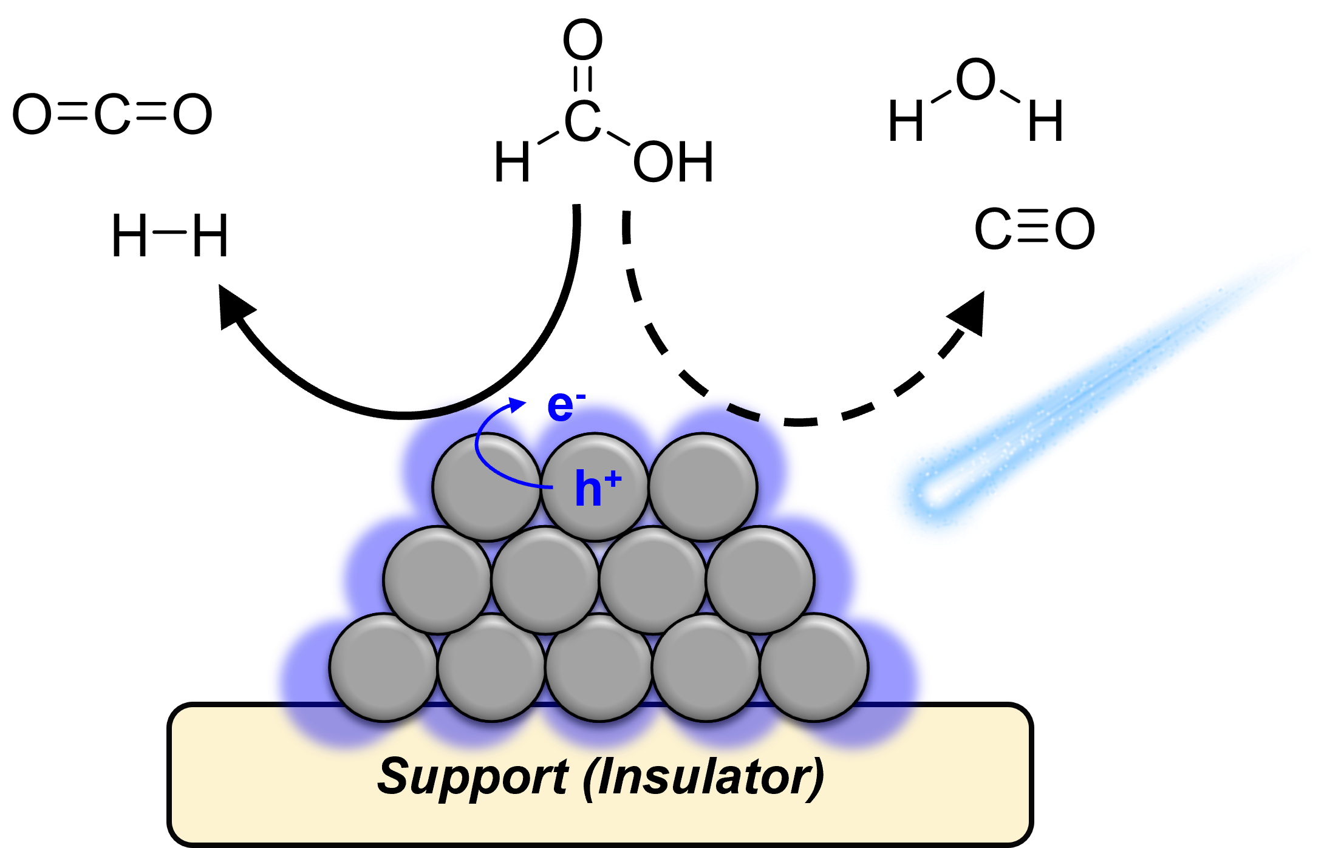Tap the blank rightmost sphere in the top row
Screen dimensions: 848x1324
[703, 486]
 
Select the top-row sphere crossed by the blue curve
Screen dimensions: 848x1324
[486, 486]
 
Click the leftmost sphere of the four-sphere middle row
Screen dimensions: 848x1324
[437, 580]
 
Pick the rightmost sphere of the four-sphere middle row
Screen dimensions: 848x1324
[760, 580]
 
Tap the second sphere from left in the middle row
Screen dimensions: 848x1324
[545, 580]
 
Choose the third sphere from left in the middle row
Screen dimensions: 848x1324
[653, 580]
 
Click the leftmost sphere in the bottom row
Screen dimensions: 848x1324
[383, 668]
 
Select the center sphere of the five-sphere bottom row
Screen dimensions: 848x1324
[599, 668]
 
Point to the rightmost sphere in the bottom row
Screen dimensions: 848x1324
[814, 668]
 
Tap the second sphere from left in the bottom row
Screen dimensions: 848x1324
[491, 668]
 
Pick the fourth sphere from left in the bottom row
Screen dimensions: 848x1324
[706, 668]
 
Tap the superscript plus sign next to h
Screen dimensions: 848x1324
[613, 480]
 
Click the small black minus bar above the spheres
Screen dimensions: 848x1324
[743, 412]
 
